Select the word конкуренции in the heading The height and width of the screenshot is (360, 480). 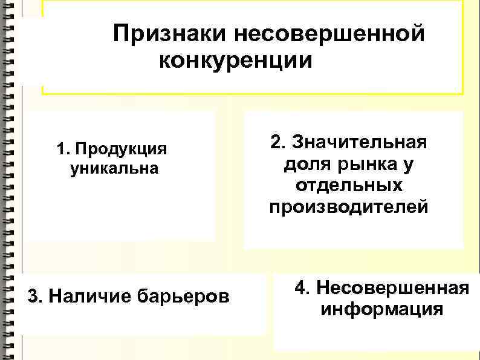[236, 61]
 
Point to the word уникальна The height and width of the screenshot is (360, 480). [114, 168]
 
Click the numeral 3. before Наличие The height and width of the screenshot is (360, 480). [35, 296]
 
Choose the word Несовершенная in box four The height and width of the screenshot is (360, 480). [392, 288]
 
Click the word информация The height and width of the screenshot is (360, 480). [382, 310]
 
